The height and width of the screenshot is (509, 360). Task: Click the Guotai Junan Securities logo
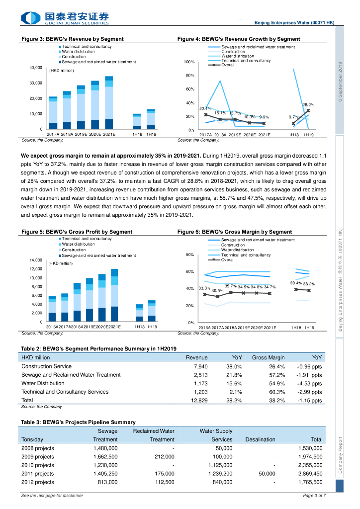(65, 18)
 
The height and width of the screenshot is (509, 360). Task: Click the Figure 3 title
(73, 39)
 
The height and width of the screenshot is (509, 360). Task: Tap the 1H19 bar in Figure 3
(151, 119)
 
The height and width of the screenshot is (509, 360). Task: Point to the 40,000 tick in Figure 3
(35, 68)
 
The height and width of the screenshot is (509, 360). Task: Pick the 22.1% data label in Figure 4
(205, 108)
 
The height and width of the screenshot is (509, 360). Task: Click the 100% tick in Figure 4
(189, 62)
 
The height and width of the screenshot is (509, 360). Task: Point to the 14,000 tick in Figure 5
(35, 260)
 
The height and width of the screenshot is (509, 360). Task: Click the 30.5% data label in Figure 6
(217, 290)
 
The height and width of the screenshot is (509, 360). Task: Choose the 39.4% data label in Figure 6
(296, 283)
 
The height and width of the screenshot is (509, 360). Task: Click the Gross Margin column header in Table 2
(268, 357)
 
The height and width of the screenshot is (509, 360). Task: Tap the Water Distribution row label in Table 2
(43, 383)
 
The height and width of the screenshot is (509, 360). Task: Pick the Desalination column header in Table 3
(260, 439)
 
